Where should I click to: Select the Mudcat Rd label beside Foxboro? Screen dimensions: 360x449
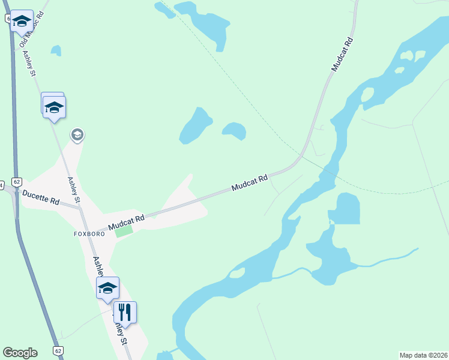(126, 223)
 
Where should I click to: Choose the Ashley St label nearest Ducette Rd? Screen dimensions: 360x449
(74, 189)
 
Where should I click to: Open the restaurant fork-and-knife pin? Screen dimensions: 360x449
(125, 312)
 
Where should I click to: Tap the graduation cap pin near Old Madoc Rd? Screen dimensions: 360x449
(22, 21)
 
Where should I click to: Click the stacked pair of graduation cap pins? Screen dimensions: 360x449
(53, 106)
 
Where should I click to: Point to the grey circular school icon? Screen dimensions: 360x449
(77, 135)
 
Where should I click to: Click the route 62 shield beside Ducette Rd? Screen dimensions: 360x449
(17, 181)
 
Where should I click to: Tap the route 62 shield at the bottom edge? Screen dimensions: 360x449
(58, 350)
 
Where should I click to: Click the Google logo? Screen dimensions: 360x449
(20, 353)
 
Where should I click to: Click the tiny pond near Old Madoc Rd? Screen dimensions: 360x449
(56, 50)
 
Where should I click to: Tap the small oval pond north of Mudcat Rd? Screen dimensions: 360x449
(234, 130)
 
